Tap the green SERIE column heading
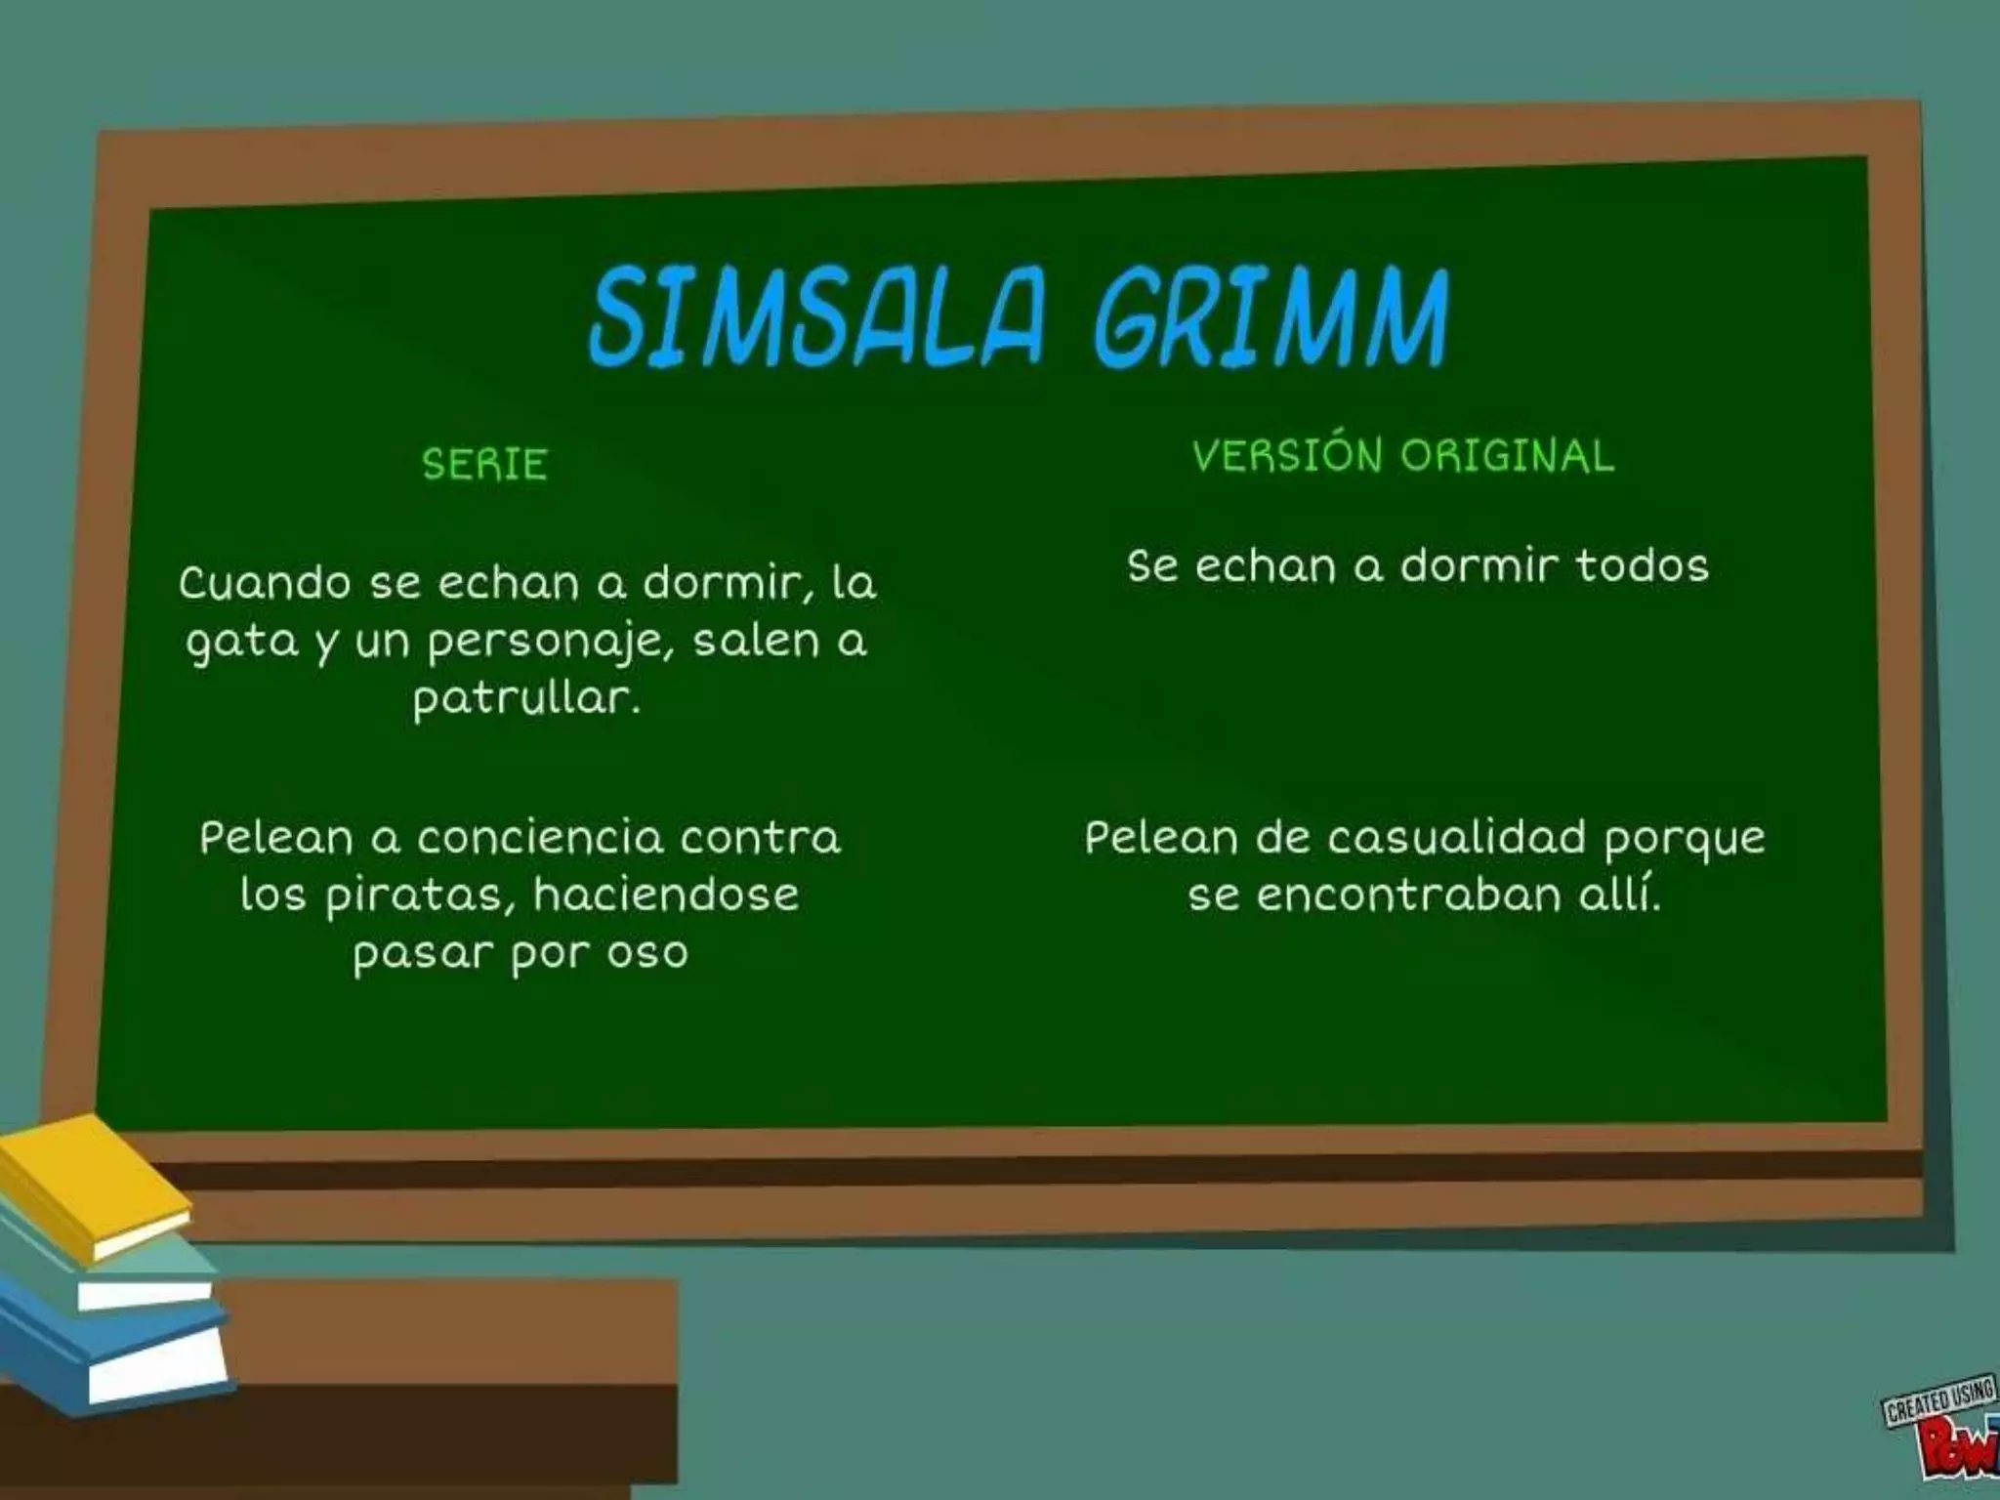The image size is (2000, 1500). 484,465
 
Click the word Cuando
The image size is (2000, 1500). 265,584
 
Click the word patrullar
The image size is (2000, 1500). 525,699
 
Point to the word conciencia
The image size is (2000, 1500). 540,838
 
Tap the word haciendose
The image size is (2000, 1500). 666,895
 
